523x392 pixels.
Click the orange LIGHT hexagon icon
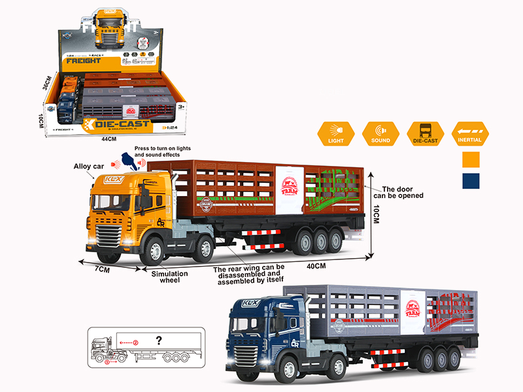(x=335, y=133)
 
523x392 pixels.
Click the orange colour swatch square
(x=471, y=159)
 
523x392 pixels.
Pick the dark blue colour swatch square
(x=471, y=181)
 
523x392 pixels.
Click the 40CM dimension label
(x=315, y=265)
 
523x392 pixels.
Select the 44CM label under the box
(x=109, y=138)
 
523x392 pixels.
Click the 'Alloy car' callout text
(x=90, y=167)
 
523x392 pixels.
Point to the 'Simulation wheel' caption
(x=169, y=277)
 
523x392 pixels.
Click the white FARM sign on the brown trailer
(x=288, y=189)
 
